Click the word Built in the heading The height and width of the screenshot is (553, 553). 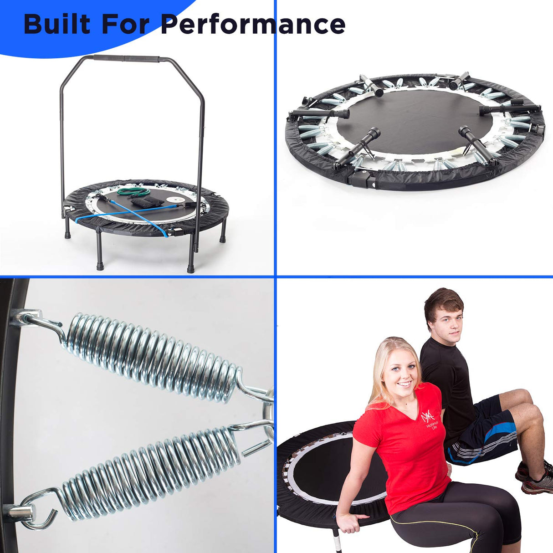56,24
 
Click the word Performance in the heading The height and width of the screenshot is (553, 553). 253,24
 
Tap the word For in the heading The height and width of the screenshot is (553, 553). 125,24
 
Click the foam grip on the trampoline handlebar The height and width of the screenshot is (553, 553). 126,59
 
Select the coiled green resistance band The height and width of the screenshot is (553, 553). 132,191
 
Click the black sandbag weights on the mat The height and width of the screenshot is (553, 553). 147,201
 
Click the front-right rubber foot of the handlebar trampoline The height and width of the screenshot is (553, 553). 190,268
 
